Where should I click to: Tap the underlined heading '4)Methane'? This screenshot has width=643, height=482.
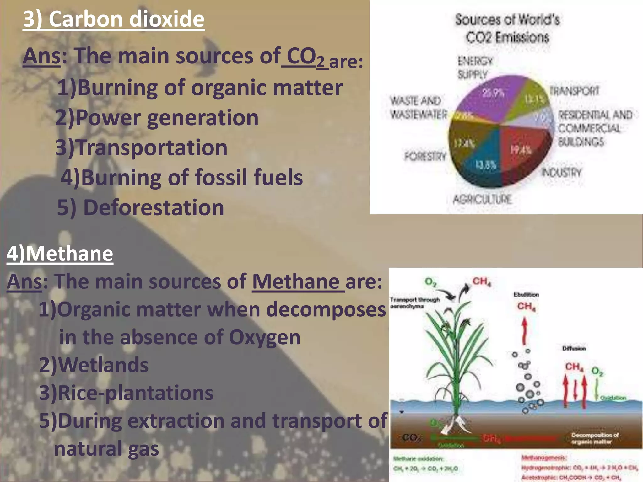pyautogui.click(x=60, y=254)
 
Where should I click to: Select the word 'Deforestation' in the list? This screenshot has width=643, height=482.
pyautogui.click(x=154, y=208)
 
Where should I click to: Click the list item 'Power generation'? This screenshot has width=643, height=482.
pyautogui.click(x=167, y=118)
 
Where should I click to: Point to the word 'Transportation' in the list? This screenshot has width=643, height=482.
pyautogui.click(x=152, y=147)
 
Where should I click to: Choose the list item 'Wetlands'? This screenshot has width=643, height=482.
pyautogui.click(x=103, y=365)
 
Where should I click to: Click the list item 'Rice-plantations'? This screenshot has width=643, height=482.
pyautogui.click(x=136, y=393)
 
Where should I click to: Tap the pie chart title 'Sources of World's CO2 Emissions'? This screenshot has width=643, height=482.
pyautogui.click(x=507, y=28)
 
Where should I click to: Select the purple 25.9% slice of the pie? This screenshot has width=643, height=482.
pyautogui.click(x=490, y=97)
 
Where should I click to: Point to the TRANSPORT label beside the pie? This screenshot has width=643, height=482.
pyautogui.click(x=575, y=91)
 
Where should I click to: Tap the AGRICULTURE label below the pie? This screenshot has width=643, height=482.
pyautogui.click(x=482, y=199)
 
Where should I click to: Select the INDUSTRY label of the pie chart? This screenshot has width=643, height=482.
pyautogui.click(x=562, y=172)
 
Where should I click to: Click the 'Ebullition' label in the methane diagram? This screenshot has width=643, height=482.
pyautogui.click(x=526, y=295)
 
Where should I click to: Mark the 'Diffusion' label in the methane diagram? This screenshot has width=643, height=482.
pyautogui.click(x=574, y=348)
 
